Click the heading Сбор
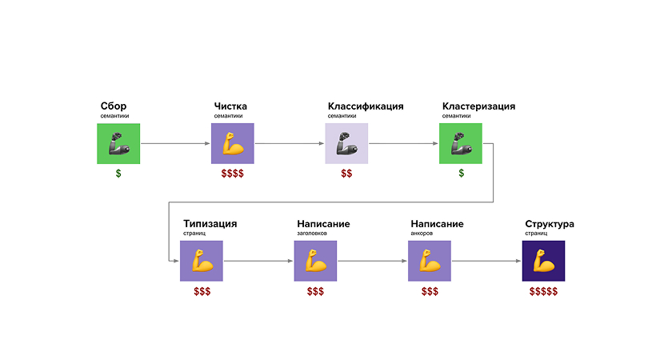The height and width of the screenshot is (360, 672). pyautogui.click(x=114, y=106)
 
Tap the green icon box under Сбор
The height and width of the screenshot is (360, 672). pyautogui.click(x=118, y=144)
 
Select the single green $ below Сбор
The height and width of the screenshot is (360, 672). pyautogui.click(x=118, y=174)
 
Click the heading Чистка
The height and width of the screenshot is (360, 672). pyautogui.click(x=230, y=106)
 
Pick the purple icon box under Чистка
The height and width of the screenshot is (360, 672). pyautogui.click(x=233, y=144)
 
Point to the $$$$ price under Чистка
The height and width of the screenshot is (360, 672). pyautogui.click(x=233, y=174)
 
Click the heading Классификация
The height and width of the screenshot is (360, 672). pyautogui.click(x=366, y=106)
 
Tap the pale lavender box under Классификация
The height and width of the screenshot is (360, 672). pyautogui.click(x=346, y=144)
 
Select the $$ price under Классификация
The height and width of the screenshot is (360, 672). pyautogui.click(x=346, y=174)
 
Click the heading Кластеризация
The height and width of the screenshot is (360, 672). pyautogui.click(x=478, y=106)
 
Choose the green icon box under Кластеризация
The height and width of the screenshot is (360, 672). pyautogui.click(x=461, y=144)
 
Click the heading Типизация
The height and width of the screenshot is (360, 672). pyautogui.click(x=210, y=224)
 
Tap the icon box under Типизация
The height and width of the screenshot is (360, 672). pyautogui.click(x=202, y=261)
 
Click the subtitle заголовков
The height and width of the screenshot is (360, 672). pyautogui.click(x=313, y=234)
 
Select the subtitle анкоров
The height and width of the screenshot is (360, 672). pyautogui.click(x=422, y=234)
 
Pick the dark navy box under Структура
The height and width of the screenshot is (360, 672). pyautogui.click(x=543, y=261)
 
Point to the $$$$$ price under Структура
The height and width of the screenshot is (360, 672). pyautogui.click(x=543, y=291)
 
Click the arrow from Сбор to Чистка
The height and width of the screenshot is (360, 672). pyautogui.click(x=175, y=144)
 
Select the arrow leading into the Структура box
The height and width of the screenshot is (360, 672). pyautogui.click(x=486, y=261)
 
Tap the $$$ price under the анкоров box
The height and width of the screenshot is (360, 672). pyautogui.click(x=430, y=291)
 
